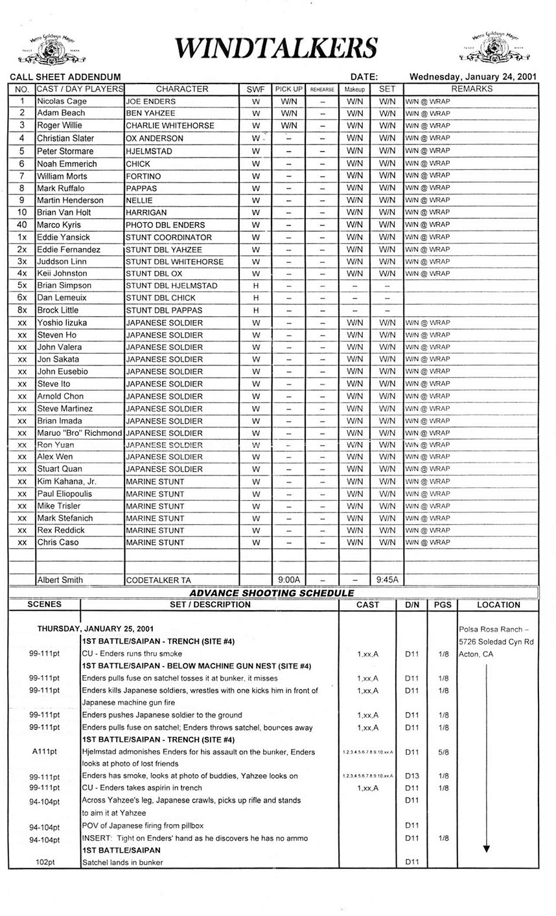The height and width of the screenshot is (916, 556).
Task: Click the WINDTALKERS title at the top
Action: tap(276, 47)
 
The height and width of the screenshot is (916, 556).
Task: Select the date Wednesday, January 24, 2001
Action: tap(473, 76)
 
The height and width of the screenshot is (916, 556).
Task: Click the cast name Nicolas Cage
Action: tap(62, 101)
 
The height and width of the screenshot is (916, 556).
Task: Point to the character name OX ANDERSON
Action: tap(155, 138)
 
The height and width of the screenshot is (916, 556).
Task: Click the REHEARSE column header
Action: tap(322, 89)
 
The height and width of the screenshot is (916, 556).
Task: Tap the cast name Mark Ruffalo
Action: tap(61, 188)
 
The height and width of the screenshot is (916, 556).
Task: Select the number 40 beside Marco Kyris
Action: tap(22, 225)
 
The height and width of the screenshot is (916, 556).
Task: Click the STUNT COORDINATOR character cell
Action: tap(168, 237)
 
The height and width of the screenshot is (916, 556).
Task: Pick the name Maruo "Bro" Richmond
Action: tap(79, 433)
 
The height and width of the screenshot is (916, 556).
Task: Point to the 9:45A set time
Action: tap(387, 580)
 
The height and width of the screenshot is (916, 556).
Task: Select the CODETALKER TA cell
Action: tap(159, 580)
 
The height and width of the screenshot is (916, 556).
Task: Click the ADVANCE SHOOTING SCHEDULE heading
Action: tap(272, 593)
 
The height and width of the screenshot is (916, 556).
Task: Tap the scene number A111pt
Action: tap(45, 752)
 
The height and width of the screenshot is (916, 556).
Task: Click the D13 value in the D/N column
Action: tap(411, 776)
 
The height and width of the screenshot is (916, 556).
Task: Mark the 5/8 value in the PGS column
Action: tap(443, 752)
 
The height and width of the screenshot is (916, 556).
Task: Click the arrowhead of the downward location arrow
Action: tap(487, 849)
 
